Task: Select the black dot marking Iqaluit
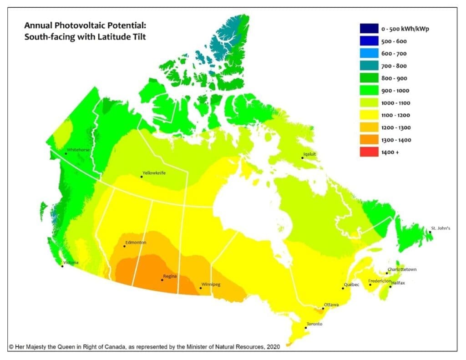(303, 158)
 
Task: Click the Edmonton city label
(137, 243)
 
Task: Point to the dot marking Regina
(162, 280)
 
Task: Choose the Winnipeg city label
(211, 284)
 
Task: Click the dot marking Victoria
(62, 266)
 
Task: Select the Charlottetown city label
(402, 269)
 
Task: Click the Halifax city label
(398, 283)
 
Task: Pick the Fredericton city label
(380, 281)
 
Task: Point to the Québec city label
(352, 284)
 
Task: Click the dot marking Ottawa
(323, 309)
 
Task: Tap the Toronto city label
(314, 324)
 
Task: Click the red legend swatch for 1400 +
(368, 152)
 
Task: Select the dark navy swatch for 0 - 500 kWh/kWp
(368, 29)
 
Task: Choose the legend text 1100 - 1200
(394, 115)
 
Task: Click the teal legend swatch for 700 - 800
(368, 66)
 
